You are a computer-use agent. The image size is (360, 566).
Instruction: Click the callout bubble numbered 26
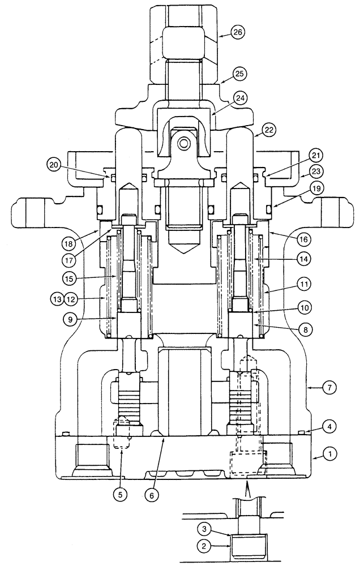click(238, 33)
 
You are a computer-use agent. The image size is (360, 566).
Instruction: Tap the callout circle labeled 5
click(119, 493)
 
